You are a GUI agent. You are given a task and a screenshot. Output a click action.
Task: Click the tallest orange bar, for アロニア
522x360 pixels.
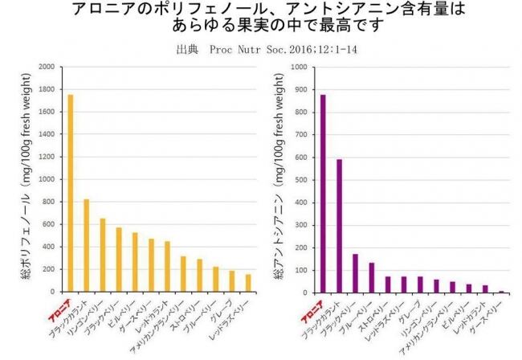click(71, 193)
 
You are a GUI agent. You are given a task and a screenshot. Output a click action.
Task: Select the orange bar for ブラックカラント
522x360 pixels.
click(87, 245)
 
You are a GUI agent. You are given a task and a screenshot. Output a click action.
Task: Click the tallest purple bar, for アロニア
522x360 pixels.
click(323, 194)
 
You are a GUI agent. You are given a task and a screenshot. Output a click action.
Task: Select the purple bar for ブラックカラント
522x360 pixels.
click(339, 226)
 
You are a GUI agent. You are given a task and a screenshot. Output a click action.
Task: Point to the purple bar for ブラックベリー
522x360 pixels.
click(355, 273)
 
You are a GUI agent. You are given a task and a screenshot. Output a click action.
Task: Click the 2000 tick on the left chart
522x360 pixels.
click(46, 67)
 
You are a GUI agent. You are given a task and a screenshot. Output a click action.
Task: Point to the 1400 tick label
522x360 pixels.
click(46, 134)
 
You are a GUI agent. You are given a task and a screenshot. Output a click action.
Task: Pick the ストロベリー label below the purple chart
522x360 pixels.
click(376, 311)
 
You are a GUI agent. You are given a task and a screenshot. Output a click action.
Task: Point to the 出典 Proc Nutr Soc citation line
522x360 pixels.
click(261, 48)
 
